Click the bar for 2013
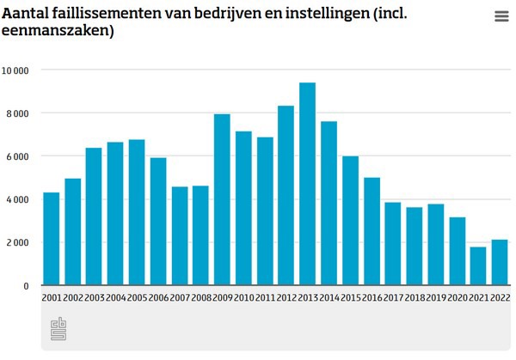point(307,184)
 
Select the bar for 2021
point(478,265)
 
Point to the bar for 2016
point(372,231)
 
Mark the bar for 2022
point(500,262)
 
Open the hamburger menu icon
point(501,16)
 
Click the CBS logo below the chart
point(59,328)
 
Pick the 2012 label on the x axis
point(286,297)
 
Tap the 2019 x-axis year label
point(436,297)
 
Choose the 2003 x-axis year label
point(94,297)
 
